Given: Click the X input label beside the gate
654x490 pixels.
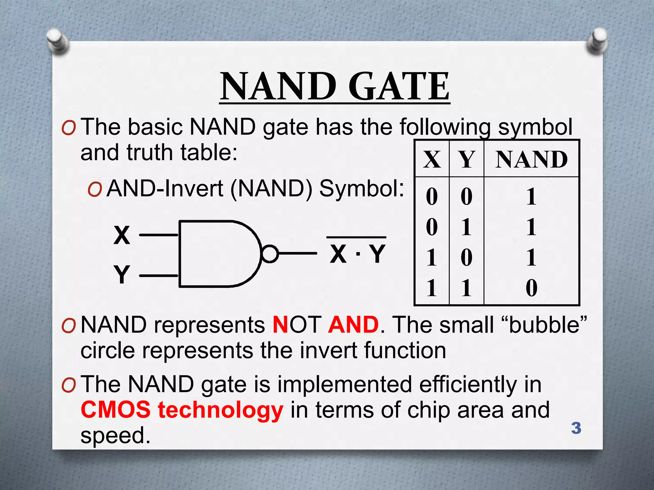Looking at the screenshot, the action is tap(122, 235).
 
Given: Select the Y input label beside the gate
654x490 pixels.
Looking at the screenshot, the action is tap(122, 274).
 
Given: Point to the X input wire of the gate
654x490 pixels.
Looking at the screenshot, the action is tap(159, 235).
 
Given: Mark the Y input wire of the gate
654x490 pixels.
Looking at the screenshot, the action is tap(159, 276).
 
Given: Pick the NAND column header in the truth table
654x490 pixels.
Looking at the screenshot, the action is tap(532, 159).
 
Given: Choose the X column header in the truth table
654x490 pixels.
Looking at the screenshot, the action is tap(432, 159).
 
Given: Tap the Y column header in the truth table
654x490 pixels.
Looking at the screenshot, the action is tap(466, 159).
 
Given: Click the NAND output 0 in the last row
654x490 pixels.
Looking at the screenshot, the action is tap(532, 288).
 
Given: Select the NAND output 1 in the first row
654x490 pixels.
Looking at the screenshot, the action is tap(532, 197).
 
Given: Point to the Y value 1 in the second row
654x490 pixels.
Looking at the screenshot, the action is tap(466, 227).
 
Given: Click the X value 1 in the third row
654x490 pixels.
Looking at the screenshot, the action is tap(432, 257).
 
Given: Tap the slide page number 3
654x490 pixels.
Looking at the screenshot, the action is tap(576, 428).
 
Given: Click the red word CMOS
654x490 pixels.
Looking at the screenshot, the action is tap(116, 410).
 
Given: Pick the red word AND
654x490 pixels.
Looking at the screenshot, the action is tap(353, 325).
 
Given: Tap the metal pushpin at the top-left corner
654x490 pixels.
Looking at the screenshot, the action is tap(57, 41).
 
